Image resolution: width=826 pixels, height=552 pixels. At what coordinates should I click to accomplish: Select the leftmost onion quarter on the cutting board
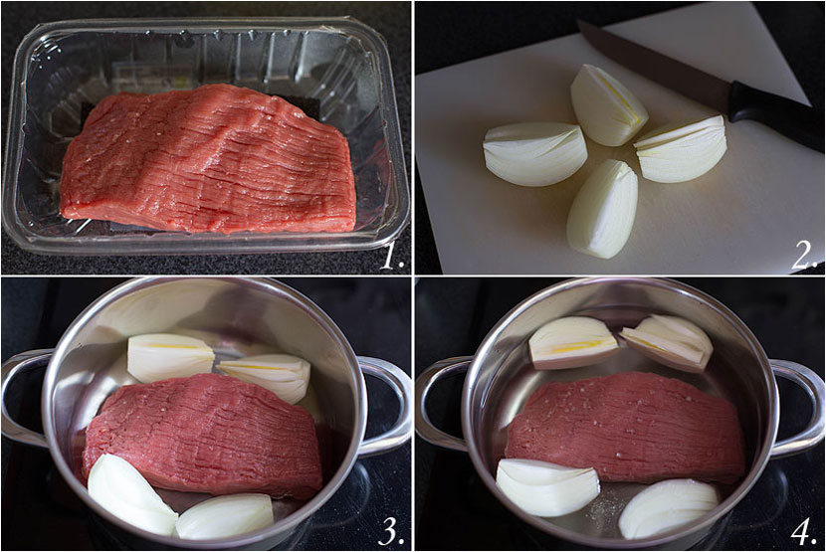tap(534, 154)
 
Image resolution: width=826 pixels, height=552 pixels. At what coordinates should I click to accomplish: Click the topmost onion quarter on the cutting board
tap(608, 104)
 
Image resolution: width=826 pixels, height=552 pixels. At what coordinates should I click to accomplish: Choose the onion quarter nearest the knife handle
tap(682, 149)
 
